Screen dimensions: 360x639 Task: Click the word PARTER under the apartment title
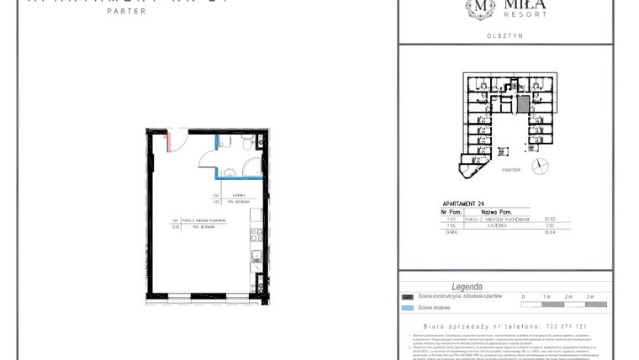(126, 12)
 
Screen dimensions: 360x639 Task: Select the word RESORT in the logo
(530, 14)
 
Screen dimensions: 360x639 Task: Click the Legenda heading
(467, 287)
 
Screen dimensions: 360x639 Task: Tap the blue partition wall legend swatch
(409, 308)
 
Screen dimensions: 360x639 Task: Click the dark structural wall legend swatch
(409, 297)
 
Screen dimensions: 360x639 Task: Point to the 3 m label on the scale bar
(590, 297)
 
